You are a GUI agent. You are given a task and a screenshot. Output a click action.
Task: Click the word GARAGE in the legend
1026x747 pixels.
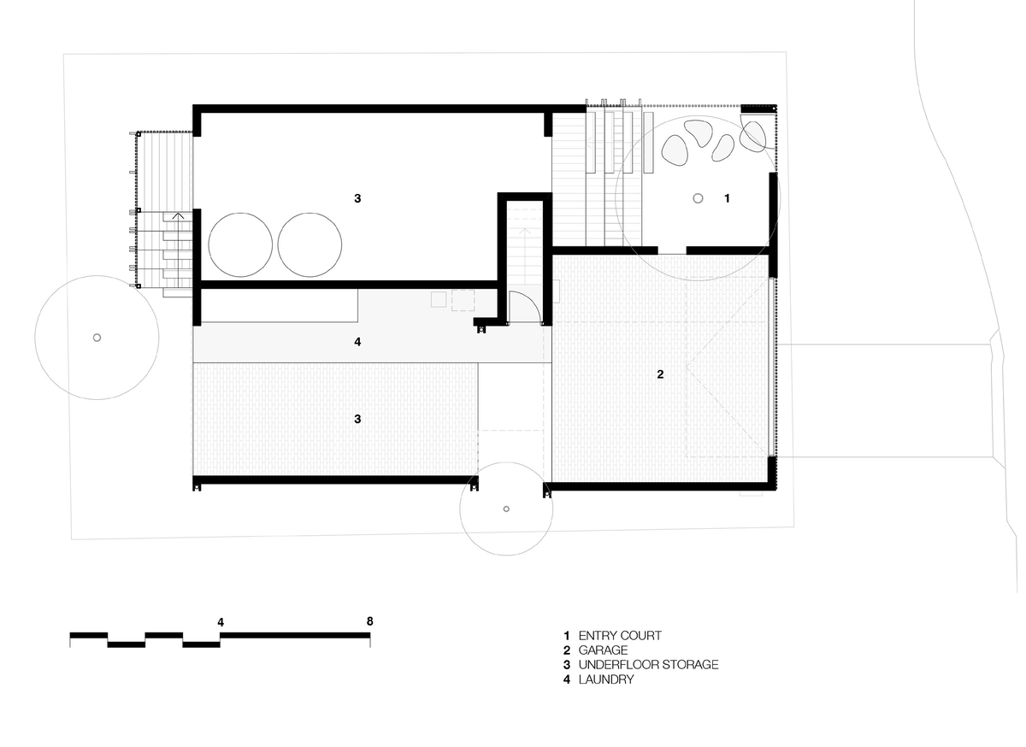pyautogui.click(x=603, y=650)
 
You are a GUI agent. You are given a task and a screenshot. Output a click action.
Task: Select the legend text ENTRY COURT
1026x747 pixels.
pyautogui.click(x=620, y=636)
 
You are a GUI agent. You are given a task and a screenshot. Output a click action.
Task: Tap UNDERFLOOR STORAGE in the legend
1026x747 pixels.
pyautogui.click(x=648, y=665)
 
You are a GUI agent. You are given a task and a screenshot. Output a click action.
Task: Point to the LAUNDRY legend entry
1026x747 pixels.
pyautogui.click(x=606, y=679)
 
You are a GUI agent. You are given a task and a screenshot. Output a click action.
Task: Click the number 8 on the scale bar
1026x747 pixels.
pyautogui.click(x=369, y=621)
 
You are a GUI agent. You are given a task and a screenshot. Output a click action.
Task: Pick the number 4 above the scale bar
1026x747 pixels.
pyautogui.click(x=221, y=622)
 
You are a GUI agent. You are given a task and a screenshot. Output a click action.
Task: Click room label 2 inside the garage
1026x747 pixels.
pyautogui.click(x=660, y=374)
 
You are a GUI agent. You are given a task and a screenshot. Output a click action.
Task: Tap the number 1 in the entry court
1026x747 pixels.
pyautogui.click(x=727, y=198)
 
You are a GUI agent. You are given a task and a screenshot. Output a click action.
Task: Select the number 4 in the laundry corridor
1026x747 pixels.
pyautogui.click(x=357, y=342)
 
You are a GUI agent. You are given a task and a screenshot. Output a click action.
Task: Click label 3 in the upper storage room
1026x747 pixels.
pyautogui.click(x=357, y=198)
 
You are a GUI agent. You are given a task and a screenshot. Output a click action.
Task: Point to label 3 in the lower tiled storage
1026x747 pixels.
pyautogui.click(x=357, y=419)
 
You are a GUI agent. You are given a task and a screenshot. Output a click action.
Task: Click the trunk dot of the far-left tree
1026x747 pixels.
pyautogui.click(x=97, y=338)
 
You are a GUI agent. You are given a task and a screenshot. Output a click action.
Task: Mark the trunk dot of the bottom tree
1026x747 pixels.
pyautogui.click(x=506, y=509)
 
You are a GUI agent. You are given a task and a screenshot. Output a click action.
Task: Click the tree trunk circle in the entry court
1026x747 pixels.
pyautogui.click(x=698, y=198)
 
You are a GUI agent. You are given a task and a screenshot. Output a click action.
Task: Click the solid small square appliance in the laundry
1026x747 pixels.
pyautogui.click(x=439, y=299)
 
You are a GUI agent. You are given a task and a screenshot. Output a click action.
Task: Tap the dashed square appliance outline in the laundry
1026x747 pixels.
pyautogui.click(x=463, y=301)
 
